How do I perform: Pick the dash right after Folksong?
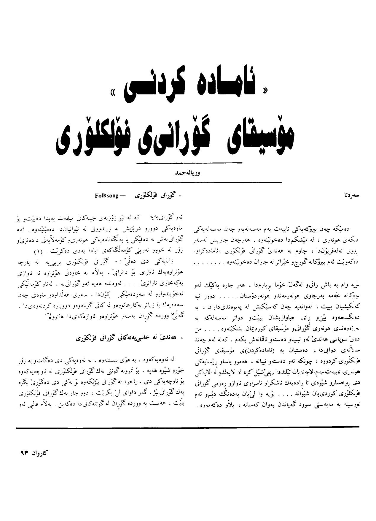(122, 196)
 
